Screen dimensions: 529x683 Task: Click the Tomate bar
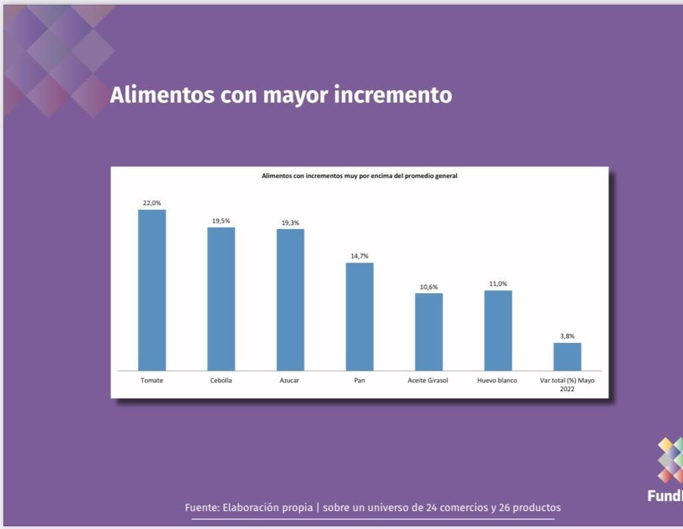(152, 290)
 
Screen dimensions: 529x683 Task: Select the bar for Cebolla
(221, 298)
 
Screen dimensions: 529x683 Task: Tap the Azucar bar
(290, 299)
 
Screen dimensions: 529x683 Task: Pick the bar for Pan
(360, 316)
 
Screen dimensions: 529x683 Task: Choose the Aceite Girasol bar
(429, 331)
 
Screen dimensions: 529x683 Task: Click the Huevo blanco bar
(498, 330)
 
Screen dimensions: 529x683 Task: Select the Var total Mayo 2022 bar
(567, 356)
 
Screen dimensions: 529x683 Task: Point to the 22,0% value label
(152, 203)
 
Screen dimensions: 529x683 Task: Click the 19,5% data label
(221, 221)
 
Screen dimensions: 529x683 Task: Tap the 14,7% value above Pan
(360, 256)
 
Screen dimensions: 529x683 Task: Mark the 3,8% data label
(567, 336)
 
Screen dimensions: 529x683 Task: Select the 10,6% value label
(429, 286)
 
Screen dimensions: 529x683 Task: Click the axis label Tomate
(152, 380)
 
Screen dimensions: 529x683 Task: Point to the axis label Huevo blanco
(498, 380)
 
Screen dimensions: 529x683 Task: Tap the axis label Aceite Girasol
(428, 380)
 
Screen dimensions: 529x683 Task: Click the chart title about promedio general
(360, 177)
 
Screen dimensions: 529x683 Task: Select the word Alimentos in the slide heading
(153, 95)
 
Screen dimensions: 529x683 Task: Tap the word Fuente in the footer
(200, 508)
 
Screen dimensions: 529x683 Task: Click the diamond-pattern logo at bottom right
(670, 460)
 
